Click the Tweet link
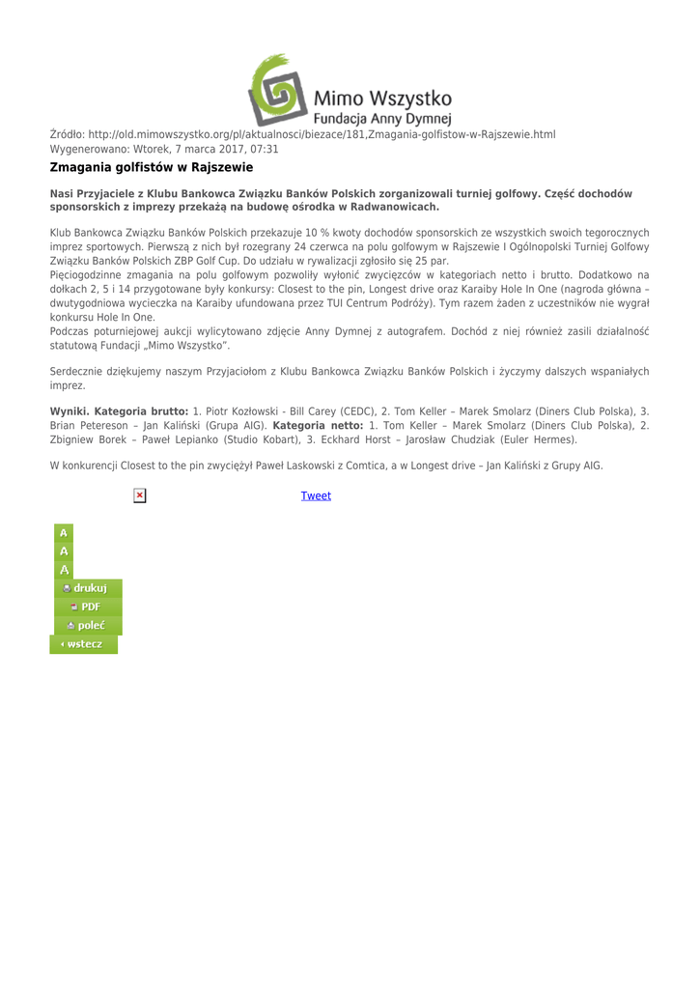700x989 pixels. [316, 495]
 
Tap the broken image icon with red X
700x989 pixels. [140, 495]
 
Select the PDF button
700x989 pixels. [85, 607]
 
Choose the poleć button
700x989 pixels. [86, 625]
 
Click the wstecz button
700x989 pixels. [83, 643]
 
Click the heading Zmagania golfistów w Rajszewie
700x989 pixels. [152, 167]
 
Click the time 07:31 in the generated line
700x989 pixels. [264, 149]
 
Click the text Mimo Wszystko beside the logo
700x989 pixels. [383, 99]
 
